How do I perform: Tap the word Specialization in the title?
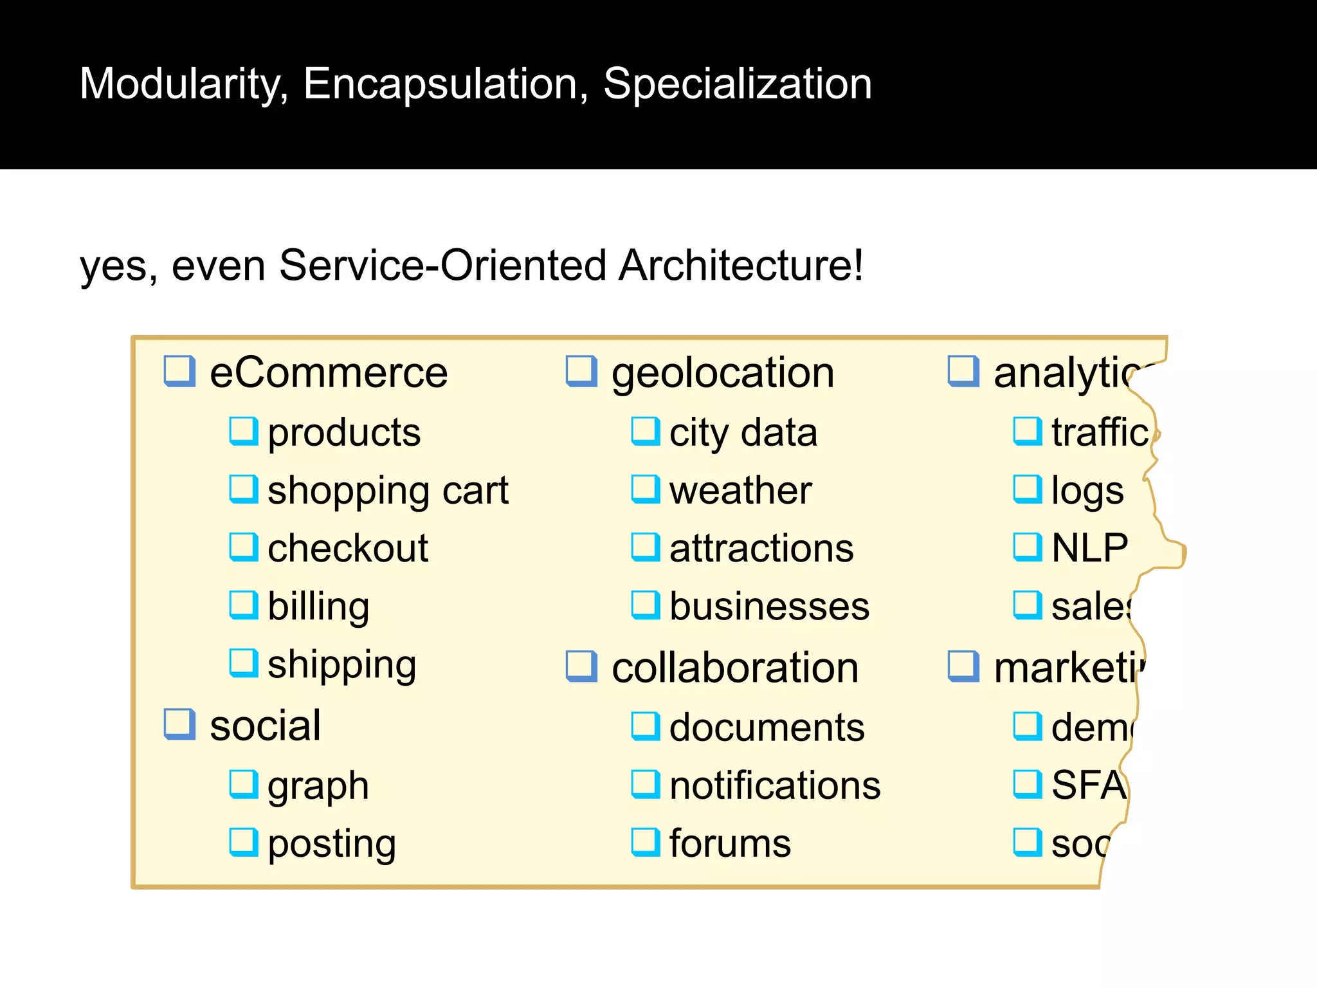tap(737, 84)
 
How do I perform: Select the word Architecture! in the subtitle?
tap(740, 265)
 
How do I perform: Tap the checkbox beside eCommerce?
tap(179, 371)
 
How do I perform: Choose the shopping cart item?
tap(388, 491)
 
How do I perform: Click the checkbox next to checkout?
tap(244, 547)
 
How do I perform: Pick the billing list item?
tap(318, 607)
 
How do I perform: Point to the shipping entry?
tap(341, 664)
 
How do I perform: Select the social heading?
tap(265, 726)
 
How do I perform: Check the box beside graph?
tap(244, 784)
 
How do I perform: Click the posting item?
tap(331, 844)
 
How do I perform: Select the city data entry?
tap(743, 432)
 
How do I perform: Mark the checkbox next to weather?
tap(645, 489)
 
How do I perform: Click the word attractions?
tap(761, 549)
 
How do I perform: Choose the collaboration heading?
tap(735, 668)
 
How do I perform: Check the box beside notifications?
tap(645, 784)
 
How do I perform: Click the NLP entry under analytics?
tap(1089, 549)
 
